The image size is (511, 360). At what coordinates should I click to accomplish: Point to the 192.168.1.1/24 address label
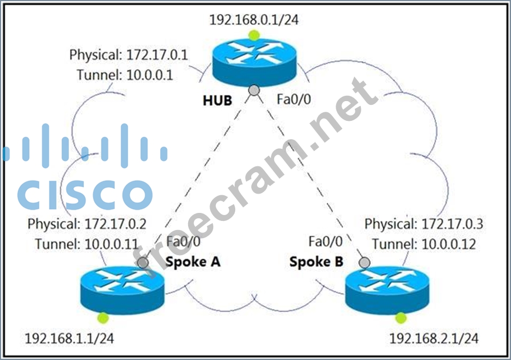pos(69,339)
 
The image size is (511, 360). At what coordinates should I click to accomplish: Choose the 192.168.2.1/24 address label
pos(434,339)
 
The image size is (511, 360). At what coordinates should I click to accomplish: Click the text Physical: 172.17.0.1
pos(128,55)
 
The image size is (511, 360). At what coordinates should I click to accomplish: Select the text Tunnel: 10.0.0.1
pos(125,75)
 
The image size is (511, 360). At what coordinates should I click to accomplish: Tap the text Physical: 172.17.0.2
pos(87,223)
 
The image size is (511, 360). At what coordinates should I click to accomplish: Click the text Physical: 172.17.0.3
pos(424,224)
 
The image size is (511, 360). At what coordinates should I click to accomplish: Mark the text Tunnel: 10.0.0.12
pos(424,244)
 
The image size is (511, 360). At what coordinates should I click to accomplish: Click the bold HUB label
pos(217,100)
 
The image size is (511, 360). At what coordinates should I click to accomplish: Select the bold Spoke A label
pos(193,262)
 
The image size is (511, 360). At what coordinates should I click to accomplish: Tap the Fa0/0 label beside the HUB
pos(293,99)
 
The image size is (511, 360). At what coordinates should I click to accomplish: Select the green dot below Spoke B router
pos(399,319)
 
